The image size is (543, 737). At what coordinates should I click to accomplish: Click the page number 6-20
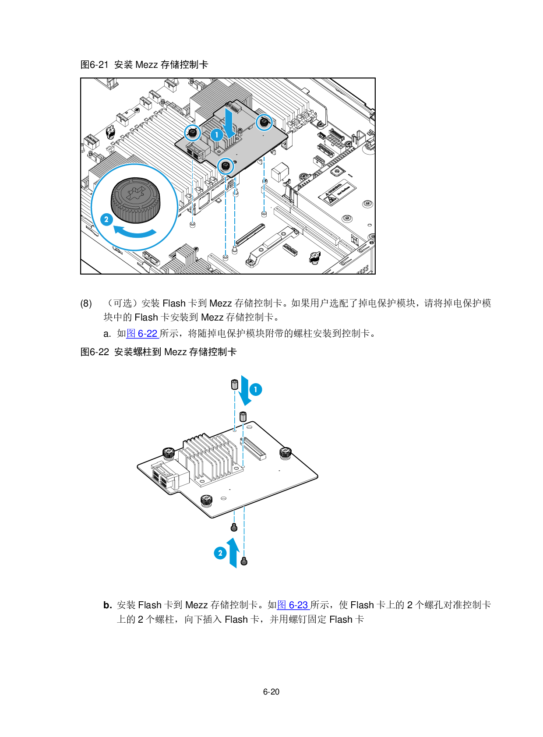(x=271, y=691)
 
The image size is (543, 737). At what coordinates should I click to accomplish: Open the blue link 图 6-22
(x=142, y=334)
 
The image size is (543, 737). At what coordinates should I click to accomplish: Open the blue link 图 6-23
(x=293, y=605)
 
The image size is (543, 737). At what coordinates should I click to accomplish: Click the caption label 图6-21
(x=95, y=64)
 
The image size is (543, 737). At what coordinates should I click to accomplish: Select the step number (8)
(x=86, y=303)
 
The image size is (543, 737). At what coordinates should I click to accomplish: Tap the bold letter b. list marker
(x=108, y=605)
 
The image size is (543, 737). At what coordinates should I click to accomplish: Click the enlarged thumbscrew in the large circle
(x=136, y=201)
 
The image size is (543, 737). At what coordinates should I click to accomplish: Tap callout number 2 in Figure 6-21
(x=106, y=219)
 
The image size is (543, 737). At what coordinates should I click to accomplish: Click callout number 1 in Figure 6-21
(x=216, y=135)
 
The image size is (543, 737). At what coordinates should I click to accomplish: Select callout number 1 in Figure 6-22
(x=256, y=390)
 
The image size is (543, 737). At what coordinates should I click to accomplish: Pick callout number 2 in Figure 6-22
(x=220, y=553)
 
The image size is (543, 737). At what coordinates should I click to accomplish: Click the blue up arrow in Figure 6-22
(x=233, y=553)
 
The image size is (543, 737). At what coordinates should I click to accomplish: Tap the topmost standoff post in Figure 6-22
(x=235, y=384)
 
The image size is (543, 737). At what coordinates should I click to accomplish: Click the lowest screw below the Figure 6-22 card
(x=244, y=561)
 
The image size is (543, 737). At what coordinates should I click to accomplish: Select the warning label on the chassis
(x=337, y=192)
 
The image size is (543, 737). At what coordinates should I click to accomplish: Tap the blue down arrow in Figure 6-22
(x=246, y=391)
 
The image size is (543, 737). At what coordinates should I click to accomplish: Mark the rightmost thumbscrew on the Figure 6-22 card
(x=286, y=453)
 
